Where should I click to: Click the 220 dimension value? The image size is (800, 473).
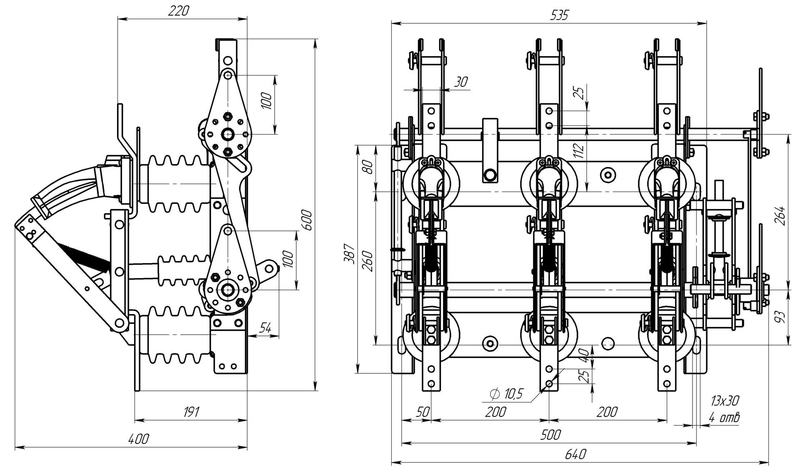[x=178, y=11]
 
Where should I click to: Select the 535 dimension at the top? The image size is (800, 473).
[x=559, y=15]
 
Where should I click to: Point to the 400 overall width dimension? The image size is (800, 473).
[x=138, y=439]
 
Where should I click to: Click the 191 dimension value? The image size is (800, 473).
[x=191, y=412]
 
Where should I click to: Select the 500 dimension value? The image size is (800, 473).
[x=550, y=435]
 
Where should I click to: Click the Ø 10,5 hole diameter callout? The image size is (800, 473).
[x=506, y=393]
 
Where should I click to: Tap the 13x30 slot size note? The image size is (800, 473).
[x=725, y=401]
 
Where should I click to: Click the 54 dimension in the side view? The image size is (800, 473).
[x=265, y=328]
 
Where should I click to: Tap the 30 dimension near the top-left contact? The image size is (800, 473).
[x=460, y=82]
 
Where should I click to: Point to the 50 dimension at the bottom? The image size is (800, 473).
[x=422, y=412]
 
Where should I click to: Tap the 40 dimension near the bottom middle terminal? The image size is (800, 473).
[x=585, y=355]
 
